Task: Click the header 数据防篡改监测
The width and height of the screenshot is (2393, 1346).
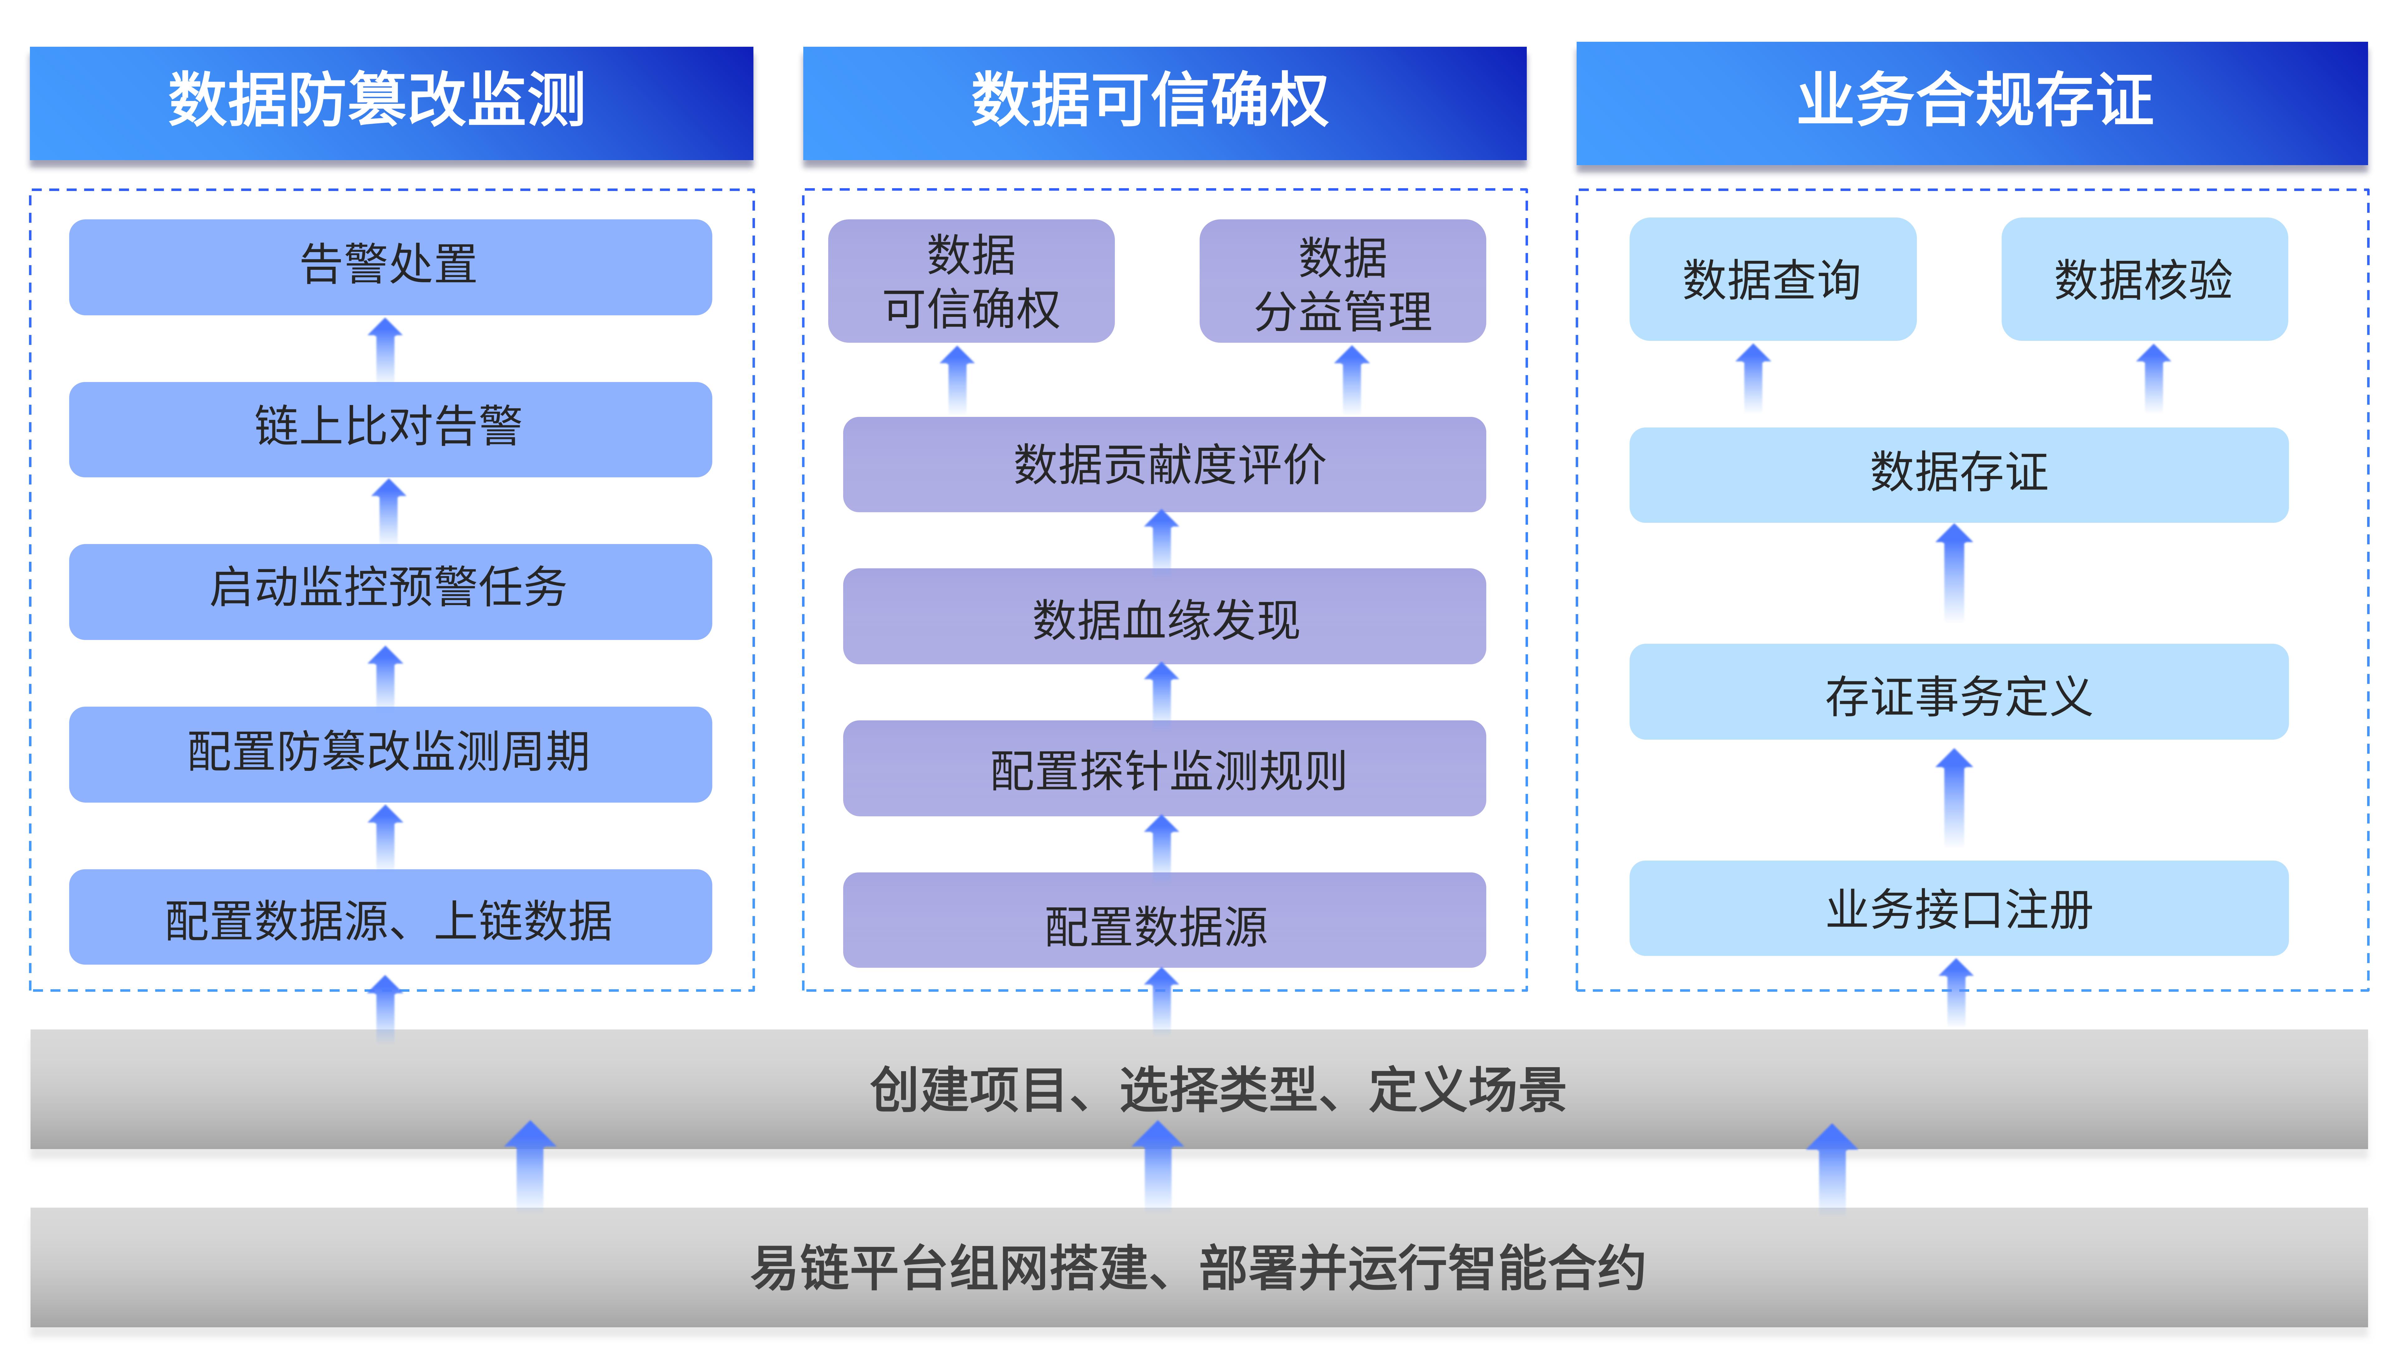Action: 391,102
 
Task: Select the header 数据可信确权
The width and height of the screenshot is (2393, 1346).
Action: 1164,102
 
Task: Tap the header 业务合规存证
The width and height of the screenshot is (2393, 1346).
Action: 1971,102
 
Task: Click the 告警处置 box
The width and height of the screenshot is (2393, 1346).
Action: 390,267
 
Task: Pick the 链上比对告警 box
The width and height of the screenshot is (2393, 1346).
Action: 390,429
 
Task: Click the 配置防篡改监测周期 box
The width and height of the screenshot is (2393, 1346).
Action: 390,753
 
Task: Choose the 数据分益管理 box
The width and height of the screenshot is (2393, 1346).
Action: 1342,281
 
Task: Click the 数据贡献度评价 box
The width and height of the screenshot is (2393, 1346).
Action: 1164,465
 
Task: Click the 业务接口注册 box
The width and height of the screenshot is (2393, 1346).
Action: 1958,909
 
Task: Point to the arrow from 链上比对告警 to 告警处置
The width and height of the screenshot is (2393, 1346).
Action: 385,349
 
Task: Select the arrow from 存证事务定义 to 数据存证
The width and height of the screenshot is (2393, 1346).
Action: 1955,571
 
